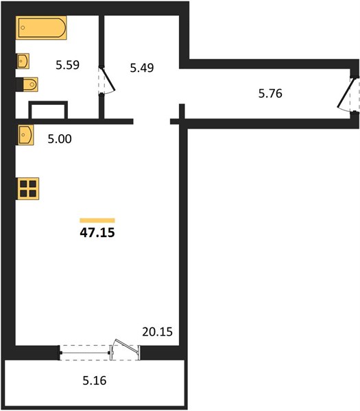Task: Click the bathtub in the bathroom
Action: click(x=41, y=27)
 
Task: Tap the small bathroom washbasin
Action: click(x=23, y=61)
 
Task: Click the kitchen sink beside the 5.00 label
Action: click(x=26, y=135)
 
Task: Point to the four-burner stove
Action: click(x=28, y=189)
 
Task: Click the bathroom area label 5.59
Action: click(x=67, y=65)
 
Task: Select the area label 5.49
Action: click(x=142, y=68)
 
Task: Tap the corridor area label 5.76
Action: click(x=270, y=94)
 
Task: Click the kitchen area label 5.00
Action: click(x=60, y=139)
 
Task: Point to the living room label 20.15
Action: click(x=158, y=332)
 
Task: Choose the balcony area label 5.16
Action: click(x=95, y=381)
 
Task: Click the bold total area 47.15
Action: click(x=97, y=232)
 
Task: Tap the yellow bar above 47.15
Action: click(x=97, y=221)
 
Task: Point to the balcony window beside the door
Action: click(x=85, y=353)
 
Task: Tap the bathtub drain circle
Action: click(x=23, y=27)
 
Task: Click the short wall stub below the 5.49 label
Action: click(x=182, y=112)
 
